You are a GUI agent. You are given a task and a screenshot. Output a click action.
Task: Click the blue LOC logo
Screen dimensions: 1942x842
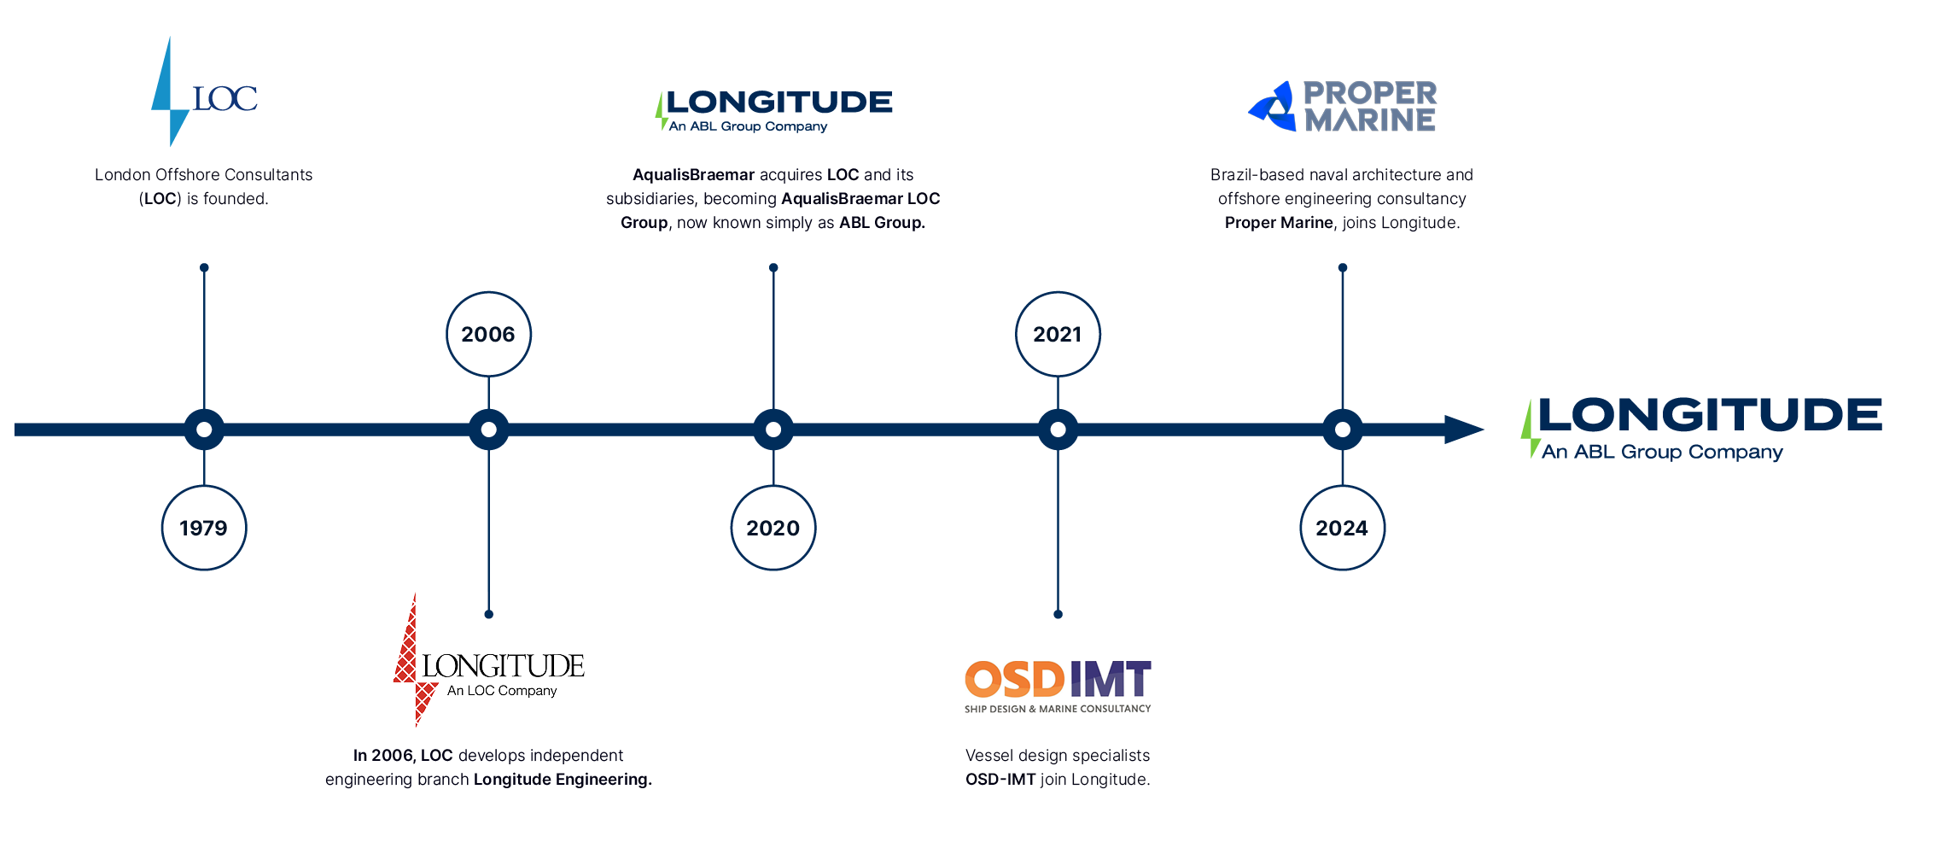coord(204,91)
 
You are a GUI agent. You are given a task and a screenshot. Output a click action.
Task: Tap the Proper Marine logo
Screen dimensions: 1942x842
coord(1343,106)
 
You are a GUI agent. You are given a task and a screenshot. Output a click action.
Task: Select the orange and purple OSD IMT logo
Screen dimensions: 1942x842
coord(1058,686)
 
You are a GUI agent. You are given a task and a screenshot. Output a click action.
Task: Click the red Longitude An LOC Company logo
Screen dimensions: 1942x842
coord(488,659)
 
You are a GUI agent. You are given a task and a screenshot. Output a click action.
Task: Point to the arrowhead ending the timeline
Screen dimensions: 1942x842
coord(1464,430)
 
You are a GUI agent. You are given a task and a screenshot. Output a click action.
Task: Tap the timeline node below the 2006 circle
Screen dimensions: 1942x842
coord(488,430)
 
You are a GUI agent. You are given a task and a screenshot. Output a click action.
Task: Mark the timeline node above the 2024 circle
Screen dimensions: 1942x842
coord(1343,430)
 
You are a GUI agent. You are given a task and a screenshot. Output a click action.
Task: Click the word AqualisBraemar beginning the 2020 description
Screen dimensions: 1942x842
coord(693,175)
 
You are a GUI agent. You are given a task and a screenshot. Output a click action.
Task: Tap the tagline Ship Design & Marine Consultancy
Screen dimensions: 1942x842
coord(1058,709)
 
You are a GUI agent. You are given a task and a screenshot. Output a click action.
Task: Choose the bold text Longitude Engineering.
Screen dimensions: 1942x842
coord(563,780)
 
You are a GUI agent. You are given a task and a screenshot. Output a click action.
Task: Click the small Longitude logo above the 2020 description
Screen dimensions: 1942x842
coord(773,111)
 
